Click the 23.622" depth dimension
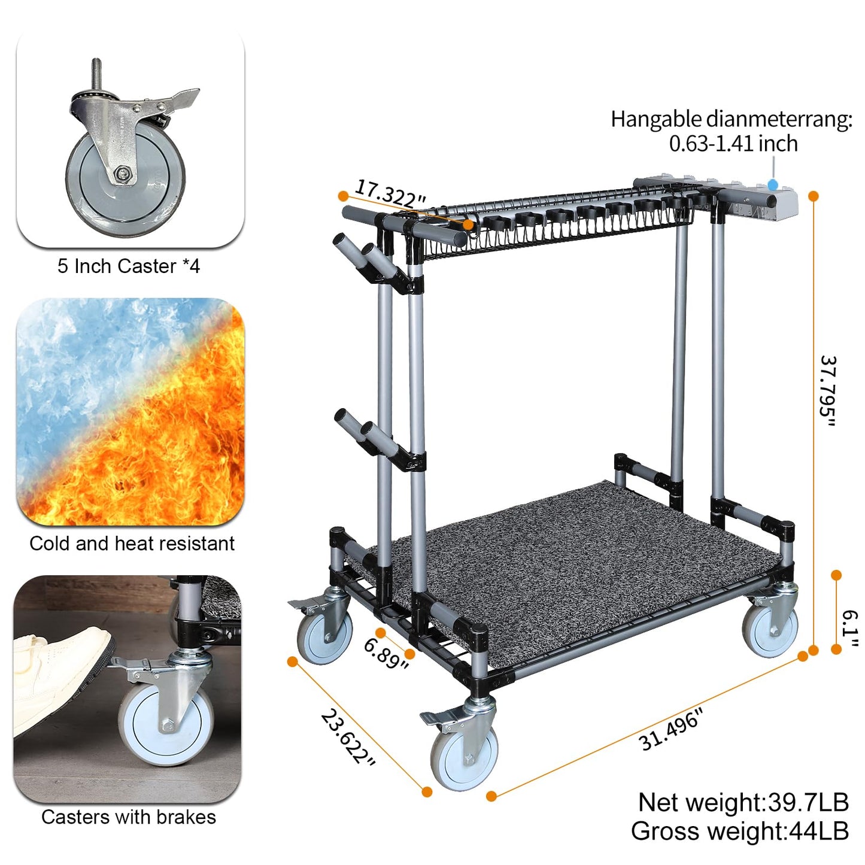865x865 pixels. pos(348,737)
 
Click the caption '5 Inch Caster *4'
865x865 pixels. pos(128,266)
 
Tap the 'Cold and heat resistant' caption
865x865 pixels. pos(132,544)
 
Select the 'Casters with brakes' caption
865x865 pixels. pos(129,817)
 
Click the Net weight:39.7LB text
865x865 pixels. pos(743,802)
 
